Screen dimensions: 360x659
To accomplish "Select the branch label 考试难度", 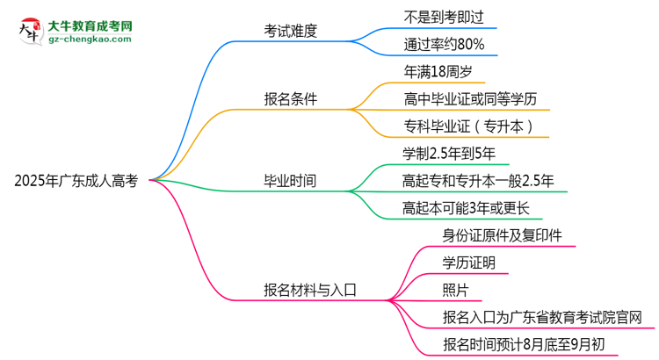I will [290, 31].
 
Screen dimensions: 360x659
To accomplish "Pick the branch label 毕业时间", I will [290, 182].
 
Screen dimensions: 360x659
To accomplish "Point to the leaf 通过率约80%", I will [443, 44].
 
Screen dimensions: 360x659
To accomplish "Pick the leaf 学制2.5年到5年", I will [449, 154].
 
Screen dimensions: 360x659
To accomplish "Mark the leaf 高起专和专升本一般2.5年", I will [478, 182].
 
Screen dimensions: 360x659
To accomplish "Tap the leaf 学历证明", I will [468, 263].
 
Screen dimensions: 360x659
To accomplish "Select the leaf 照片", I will [455, 290].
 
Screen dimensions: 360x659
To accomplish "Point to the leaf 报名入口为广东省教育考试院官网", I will [542, 317].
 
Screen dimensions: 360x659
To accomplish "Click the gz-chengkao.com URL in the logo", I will [90, 40].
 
